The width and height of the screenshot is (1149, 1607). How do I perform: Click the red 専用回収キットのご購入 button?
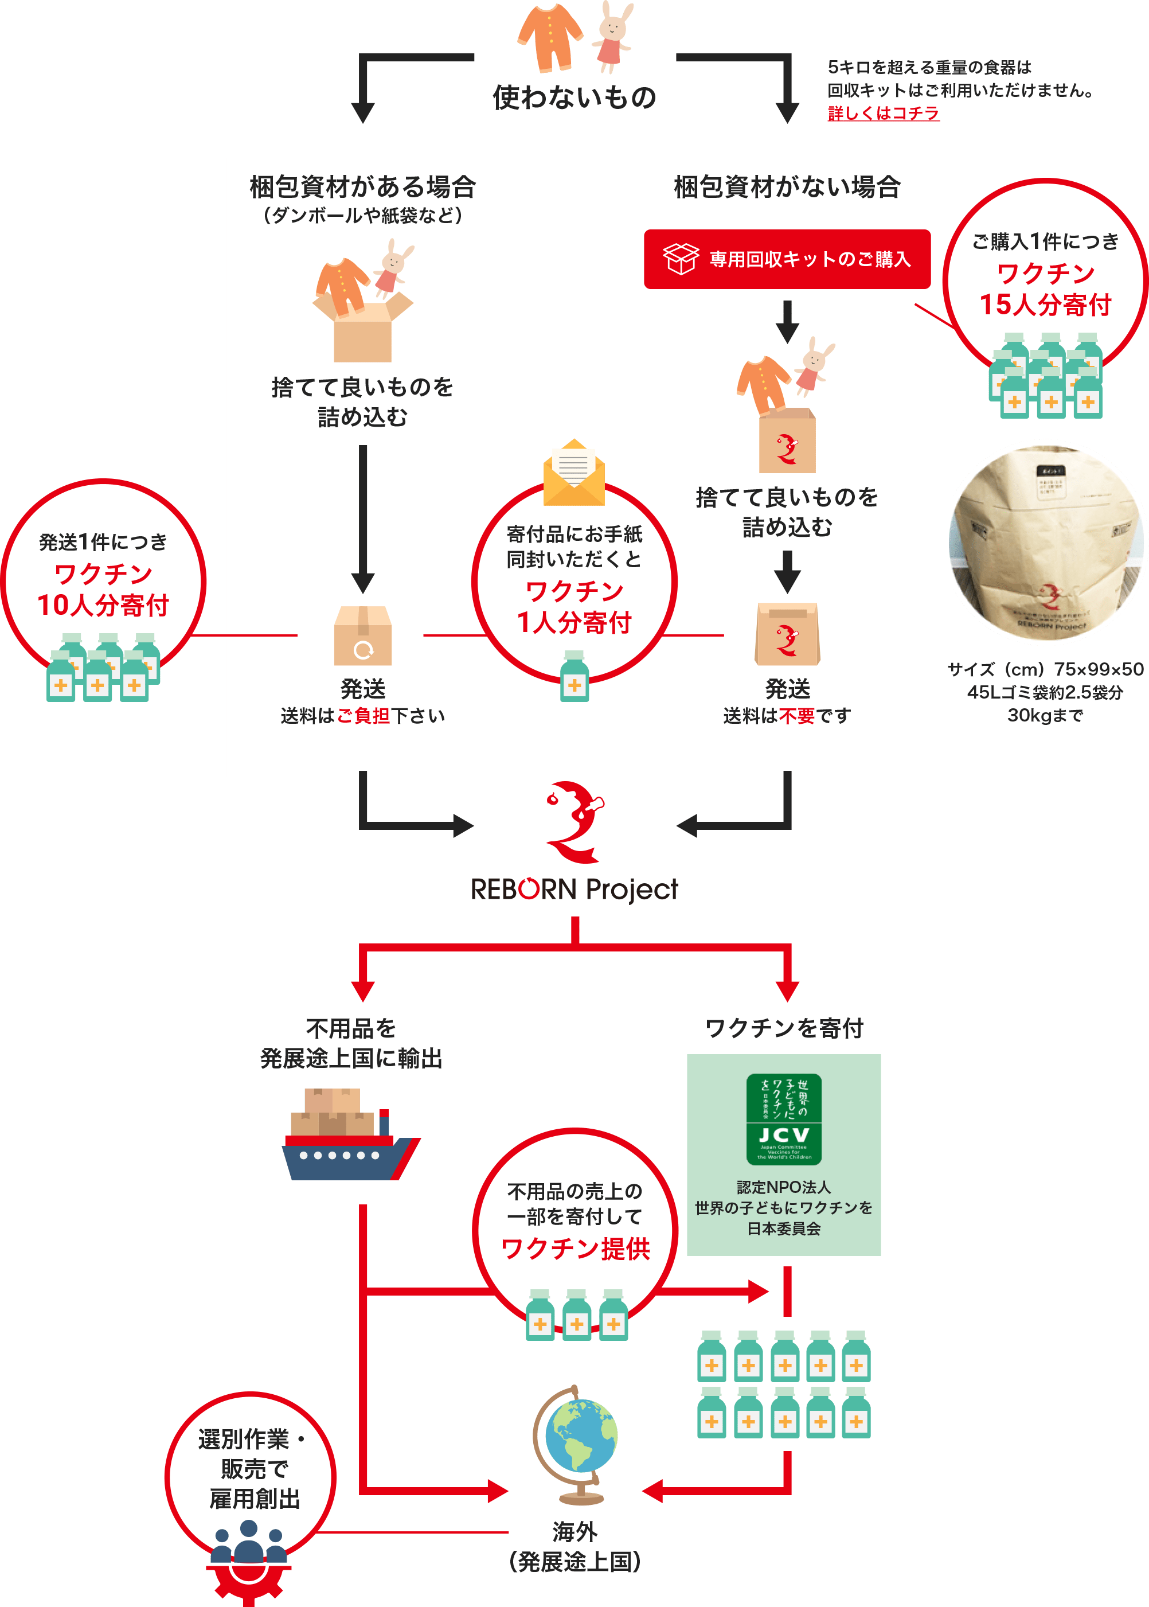pyautogui.click(x=787, y=259)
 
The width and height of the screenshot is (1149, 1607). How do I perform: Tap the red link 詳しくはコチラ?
pyautogui.click(x=883, y=113)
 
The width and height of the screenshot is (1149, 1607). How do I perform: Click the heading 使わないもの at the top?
pyautogui.click(x=574, y=97)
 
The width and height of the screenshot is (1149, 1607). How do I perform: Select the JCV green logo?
pyautogui.click(x=784, y=1119)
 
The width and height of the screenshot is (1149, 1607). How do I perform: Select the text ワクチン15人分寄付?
pyautogui.click(x=1045, y=288)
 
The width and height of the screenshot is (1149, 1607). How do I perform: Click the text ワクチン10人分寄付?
pyautogui.click(x=103, y=590)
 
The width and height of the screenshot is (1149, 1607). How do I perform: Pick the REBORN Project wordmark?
pyautogui.click(x=574, y=890)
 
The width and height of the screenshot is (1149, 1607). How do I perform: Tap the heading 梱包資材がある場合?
pyautogui.click(x=362, y=187)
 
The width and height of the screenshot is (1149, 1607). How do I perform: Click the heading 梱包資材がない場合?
pyautogui.click(x=787, y=187)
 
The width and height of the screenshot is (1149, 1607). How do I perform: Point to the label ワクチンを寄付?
pyautogui.click(x=784, y=1028)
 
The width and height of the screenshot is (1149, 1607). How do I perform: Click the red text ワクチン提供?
pyautogui.click(x=574, y=1248)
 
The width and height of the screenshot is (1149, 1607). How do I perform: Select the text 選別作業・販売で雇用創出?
pyautogui.click(x=253, y=1468)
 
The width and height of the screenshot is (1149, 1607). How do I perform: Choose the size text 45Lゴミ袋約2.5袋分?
pyautogui.click(x=1045, y=692)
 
